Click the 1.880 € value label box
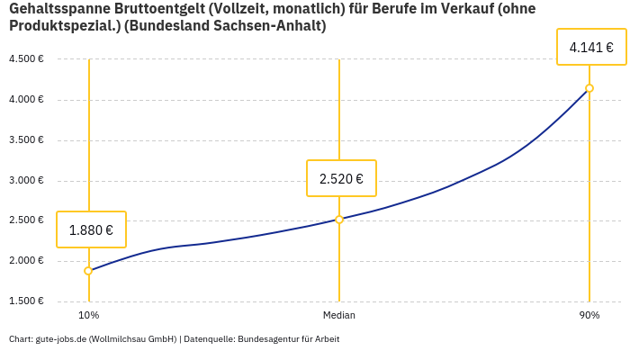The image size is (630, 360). tap(91, 229)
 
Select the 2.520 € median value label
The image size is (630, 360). tap(341, 178)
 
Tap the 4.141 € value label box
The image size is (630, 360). tap(591, 47)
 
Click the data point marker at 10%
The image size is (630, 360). tap(88, 271)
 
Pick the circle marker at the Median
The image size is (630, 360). tap(339, 220)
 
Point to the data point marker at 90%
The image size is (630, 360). tap(589, 88)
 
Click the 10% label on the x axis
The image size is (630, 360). tap(88, 315)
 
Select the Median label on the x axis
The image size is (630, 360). tap(339, 315)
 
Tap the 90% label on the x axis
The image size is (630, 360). tap(589, 315)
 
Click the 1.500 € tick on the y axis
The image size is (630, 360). tap(26, 301)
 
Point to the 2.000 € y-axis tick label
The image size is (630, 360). tap(26, 261)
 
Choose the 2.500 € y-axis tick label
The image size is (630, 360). tap(26, 220)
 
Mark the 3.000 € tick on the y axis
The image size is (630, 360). tap(26, 180)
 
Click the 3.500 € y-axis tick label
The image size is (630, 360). tap(26, 139)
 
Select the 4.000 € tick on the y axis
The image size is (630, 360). tap(26, 99)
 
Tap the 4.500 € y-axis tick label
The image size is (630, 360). tap(26, 59)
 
